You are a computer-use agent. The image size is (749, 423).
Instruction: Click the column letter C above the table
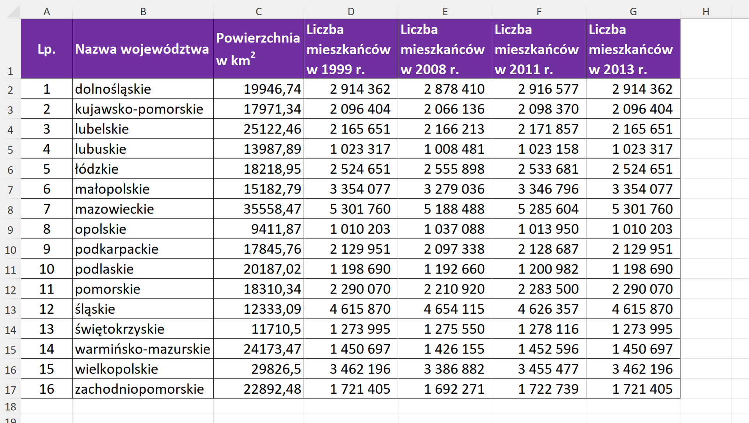(259, 12)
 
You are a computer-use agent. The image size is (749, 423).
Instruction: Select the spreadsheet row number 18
(11, 407)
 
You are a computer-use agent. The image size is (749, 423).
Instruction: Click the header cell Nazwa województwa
(142, 49)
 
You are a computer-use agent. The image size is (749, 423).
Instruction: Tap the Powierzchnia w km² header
(258, 49)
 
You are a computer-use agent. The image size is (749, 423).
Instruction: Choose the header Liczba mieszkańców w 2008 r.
(445, 49)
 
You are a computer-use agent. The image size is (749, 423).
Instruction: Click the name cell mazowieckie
(115, 209)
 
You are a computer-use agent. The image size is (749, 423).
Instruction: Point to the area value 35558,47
(272, 209)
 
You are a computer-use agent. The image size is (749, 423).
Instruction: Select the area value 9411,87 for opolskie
(276, 229)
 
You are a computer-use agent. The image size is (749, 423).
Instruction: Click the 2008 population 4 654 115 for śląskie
(454, 309)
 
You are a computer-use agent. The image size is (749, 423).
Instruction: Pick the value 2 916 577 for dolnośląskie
(548, 89)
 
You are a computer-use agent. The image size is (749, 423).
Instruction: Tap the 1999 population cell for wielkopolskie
(360, 369)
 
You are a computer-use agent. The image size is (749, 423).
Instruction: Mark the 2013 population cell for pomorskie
(642, 289)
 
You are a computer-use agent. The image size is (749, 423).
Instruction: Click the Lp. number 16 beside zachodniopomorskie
(46, 389)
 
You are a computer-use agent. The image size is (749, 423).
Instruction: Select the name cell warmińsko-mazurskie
(142, 349)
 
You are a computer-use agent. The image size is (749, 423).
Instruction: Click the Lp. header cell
(46, 49)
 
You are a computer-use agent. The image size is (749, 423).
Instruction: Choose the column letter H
(706, 12)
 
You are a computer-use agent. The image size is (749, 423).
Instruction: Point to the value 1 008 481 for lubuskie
(454, 149)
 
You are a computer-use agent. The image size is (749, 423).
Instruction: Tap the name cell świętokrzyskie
(120, 329)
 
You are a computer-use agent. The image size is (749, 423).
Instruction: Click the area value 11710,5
(276, 329)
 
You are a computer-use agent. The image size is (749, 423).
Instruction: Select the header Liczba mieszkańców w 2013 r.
(633, 49)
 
